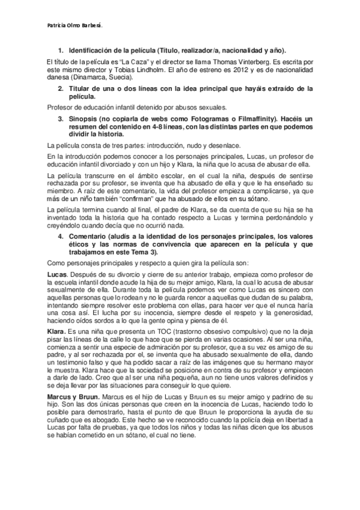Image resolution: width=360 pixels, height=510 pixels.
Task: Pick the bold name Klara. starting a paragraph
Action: tap(56, 331)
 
